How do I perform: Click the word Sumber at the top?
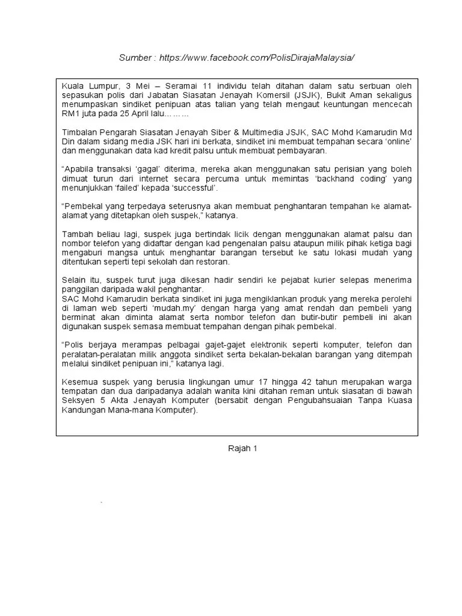click(x=135, y=57)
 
